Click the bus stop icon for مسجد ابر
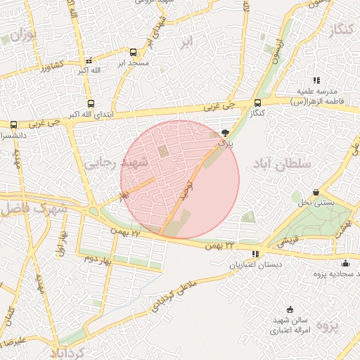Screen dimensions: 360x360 133,52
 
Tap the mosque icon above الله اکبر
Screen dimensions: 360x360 87,60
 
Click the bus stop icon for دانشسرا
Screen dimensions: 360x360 13,124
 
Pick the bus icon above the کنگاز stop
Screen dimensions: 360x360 257,103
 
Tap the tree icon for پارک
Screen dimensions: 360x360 225,132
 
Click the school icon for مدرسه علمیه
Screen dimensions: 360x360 317,81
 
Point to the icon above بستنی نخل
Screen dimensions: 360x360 316,192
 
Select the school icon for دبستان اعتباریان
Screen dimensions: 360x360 255,254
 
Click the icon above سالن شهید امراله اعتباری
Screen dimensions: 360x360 290,309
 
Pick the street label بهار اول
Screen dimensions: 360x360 62,242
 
